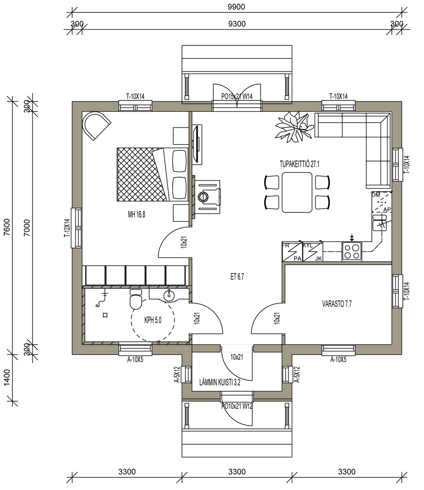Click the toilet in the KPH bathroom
[136, 299]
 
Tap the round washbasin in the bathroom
[169, 295]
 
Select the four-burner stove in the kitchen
[352, 251]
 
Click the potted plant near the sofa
[294, 127]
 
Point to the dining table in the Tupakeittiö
[297, 192]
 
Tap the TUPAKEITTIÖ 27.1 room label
[299, 164]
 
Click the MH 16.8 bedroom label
[137, 214]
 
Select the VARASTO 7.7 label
[337, 304]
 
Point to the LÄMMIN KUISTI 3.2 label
[220, 382]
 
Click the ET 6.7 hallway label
[237, 276]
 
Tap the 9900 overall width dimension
[237, 7]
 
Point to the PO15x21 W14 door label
[237, 97]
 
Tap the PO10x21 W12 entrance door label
[237, 406]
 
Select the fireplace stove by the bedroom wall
[207, 197]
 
